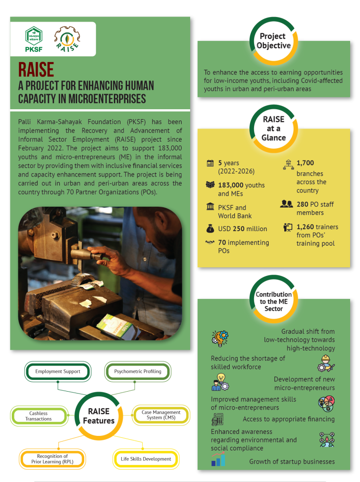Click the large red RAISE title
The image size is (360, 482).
[36, 69]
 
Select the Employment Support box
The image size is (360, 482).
[58, 371]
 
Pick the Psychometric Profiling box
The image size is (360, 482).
[137, 371]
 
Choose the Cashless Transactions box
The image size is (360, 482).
[39, 416]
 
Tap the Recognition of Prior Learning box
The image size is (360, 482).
[52, 459]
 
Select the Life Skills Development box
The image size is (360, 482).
[146, 459]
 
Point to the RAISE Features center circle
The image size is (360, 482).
[99, 416]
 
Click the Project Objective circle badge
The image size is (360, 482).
[273, 41]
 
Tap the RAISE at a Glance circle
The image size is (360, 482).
[273, 129]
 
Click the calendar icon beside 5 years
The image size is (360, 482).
[210, 163]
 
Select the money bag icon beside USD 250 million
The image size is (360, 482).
[210, 229]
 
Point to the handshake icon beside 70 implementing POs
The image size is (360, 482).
[210, 243]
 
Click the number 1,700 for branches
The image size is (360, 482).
[305, 163]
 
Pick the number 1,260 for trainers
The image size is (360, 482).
[306, 227]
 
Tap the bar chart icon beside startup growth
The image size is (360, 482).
[218, 459]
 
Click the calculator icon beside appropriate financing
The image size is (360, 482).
[217, 419]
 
